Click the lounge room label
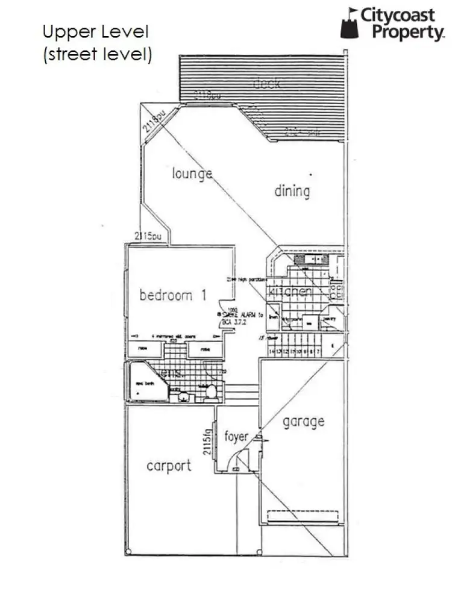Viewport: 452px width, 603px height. point(192,173)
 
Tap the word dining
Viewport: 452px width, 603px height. point(292,192)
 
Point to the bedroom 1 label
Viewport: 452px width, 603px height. point(173,295)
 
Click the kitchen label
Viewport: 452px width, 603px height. point(290,292)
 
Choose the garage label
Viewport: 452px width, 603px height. point(303,422)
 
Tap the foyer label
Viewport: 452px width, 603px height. point(236,436)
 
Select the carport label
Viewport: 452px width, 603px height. point(169,466)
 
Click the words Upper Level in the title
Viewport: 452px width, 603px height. point(95,31)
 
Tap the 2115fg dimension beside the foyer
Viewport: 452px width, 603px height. point(207,441)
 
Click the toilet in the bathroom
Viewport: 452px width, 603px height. point(211,392)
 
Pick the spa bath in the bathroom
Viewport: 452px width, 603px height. point(144,383)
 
